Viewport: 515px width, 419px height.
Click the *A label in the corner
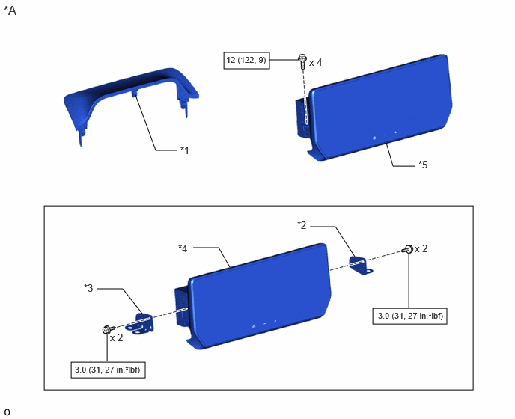[x=10, y=10]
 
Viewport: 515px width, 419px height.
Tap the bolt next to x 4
[x=302, y=61]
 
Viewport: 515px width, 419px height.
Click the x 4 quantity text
[x=315, y=62]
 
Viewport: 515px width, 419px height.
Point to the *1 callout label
[x=185, y=150]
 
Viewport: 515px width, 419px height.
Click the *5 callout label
[x=423, y=165]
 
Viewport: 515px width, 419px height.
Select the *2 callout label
[x=302, y=225]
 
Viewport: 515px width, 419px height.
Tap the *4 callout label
[x=183, y=248]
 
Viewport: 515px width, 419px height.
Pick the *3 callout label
[x=88, y=288]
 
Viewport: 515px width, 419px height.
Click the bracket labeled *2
[x=360, y=266]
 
